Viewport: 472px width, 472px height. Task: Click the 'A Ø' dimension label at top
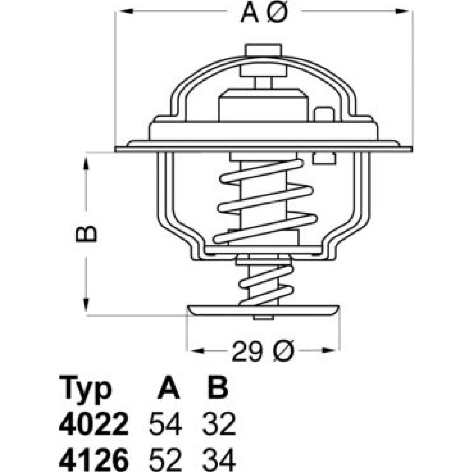[264, 13]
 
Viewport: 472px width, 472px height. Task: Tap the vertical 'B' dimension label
[86, 233]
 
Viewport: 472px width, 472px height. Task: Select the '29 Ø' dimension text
[262, 351]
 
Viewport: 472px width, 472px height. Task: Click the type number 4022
[93, 424]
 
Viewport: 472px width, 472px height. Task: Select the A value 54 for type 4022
[165, 424]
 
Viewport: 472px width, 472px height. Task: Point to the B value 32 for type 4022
[219, 424]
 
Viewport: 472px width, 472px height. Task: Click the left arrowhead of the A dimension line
[126, 11]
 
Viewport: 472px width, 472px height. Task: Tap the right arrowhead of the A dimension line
[402, 11]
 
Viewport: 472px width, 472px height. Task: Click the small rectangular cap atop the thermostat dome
[264, 50]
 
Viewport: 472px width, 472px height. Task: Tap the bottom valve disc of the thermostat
[263, 311]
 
